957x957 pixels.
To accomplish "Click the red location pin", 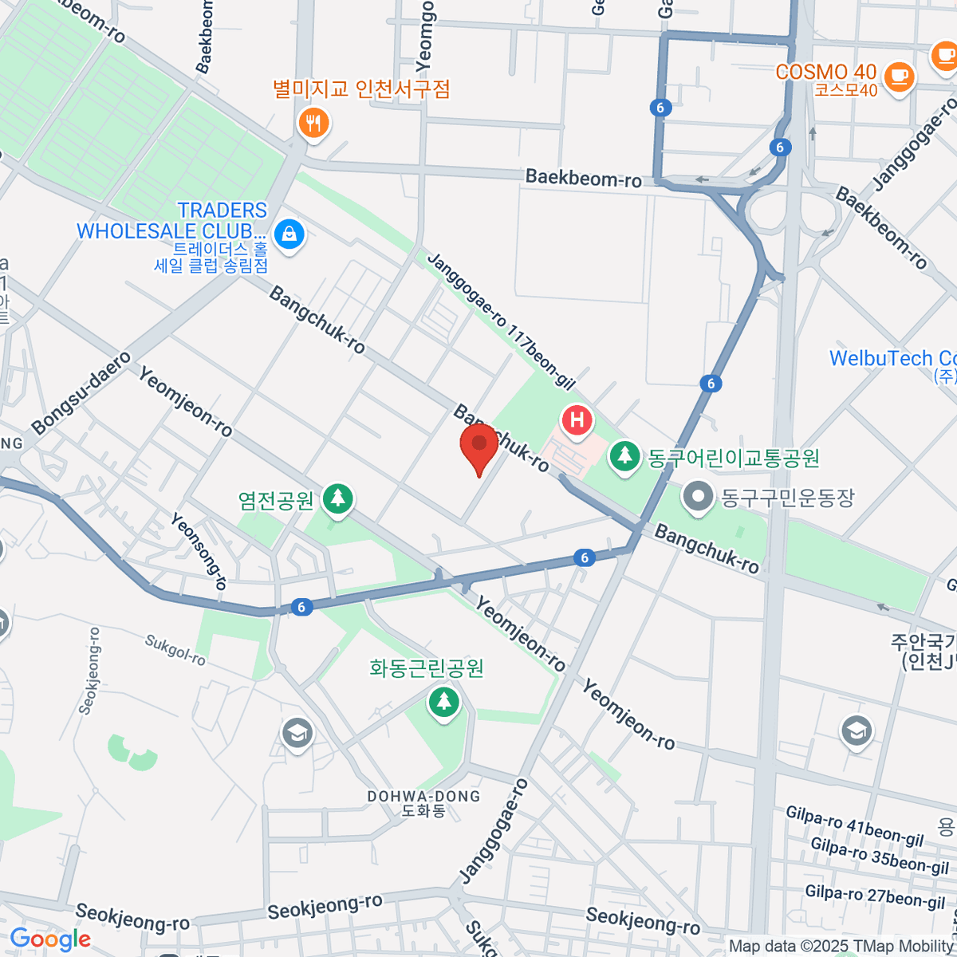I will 479,445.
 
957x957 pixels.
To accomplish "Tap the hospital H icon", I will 577,419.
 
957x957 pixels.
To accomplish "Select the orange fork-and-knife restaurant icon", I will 313,123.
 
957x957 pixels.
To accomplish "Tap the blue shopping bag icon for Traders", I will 288,234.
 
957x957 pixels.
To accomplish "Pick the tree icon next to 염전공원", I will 338,499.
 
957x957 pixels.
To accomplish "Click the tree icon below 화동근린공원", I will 443,703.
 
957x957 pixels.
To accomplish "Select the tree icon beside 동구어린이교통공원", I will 625,457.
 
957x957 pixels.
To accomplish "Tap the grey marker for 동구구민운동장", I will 699,497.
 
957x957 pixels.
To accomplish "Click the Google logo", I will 49,939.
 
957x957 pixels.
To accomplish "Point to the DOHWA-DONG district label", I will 423,797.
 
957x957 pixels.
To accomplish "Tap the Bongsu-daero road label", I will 82,392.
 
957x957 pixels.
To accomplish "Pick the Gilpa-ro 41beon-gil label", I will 854,825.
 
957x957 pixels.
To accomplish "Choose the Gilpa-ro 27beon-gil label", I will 874,896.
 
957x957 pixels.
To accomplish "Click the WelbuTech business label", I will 892,359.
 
